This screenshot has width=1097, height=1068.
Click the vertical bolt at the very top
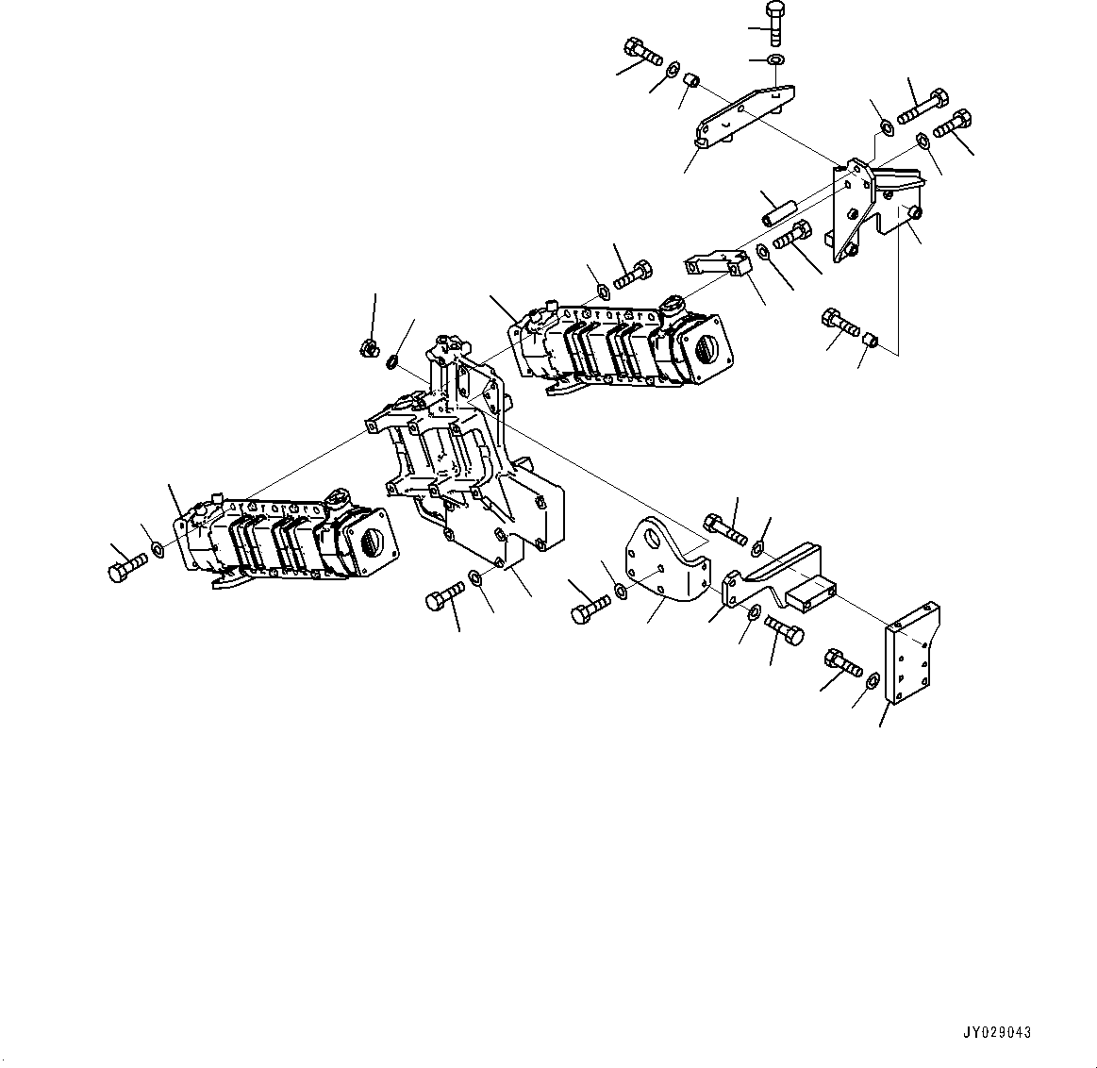coord(774,23)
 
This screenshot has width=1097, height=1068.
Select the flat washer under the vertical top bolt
coord(775,61)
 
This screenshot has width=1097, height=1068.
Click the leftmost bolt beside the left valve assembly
coord(126,566)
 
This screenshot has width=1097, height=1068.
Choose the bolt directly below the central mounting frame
coord(444,597)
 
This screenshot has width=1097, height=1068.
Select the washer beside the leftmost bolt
coord(157,550)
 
